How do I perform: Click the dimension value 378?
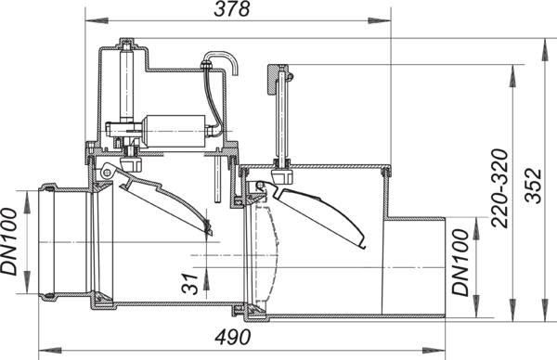click(231, 9)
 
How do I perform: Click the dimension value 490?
click(233, 337)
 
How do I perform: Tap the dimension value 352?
click(534, 186)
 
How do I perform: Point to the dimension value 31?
click(189, 284)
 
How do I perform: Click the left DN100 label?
click(9, 241)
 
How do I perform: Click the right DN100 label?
click(460, 263)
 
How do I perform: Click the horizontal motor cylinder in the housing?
click(175, 132)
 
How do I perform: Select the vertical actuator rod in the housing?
click(127, 85)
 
